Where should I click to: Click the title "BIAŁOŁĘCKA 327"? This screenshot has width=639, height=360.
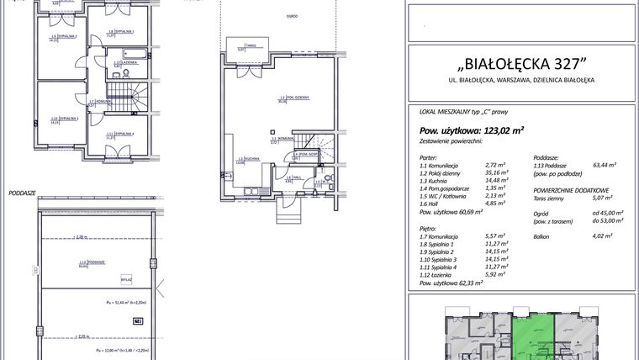pos(520,65)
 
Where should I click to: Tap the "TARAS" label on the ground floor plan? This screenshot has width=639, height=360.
pos(250,45)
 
